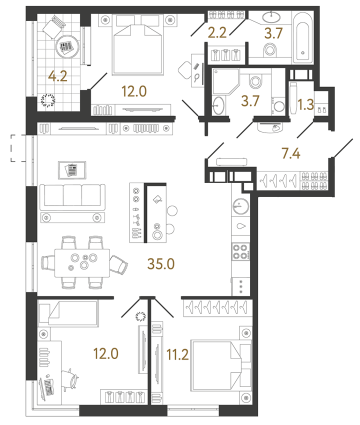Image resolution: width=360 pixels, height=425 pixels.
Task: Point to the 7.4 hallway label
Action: point(292,153)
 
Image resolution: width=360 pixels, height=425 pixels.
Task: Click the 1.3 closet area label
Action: point(306,105)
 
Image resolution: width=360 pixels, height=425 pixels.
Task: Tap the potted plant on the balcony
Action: point(49,100)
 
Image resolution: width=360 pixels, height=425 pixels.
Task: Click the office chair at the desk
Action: point(71,378)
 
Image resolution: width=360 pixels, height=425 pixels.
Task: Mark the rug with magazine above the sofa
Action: point(71,169)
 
